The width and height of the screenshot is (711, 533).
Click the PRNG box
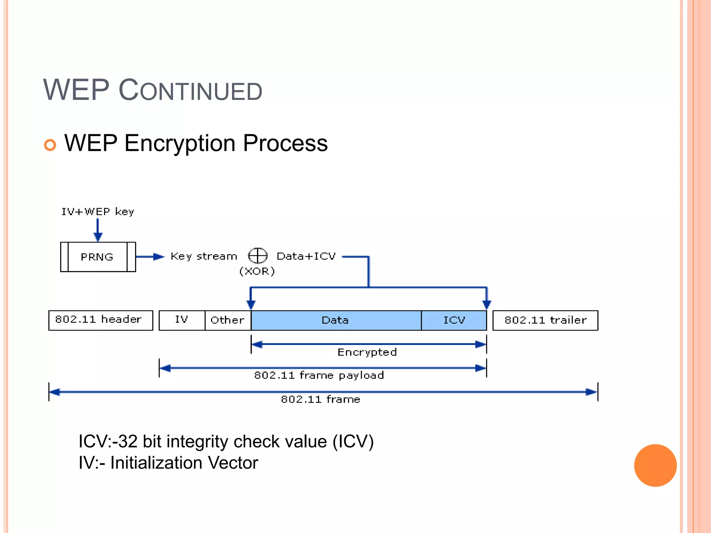(98, 257)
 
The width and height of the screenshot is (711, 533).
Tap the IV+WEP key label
(98, 211)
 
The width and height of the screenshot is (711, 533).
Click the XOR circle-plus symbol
(258, 256)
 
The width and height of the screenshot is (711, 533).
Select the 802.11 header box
(100, 320)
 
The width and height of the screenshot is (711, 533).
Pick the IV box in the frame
(182, 320)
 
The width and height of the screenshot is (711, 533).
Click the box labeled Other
(227, 320)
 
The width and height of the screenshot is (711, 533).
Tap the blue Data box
(335, 320)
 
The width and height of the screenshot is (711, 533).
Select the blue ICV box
(454, 320)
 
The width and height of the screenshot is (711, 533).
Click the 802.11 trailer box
(545, 320)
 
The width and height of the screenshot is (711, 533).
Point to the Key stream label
(204, 256)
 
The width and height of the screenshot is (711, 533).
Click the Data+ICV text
(306, 256)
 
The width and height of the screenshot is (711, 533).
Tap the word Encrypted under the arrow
(367, 352)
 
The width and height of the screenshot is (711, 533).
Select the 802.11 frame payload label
(319, 375)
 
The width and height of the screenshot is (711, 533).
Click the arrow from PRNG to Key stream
(150, 257)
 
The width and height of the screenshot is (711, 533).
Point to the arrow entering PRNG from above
(98, 230)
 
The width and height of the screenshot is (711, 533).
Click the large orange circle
(655, 465)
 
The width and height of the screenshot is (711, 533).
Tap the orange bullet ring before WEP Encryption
(50, 145)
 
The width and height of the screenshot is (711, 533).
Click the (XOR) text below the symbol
(257, 271)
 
